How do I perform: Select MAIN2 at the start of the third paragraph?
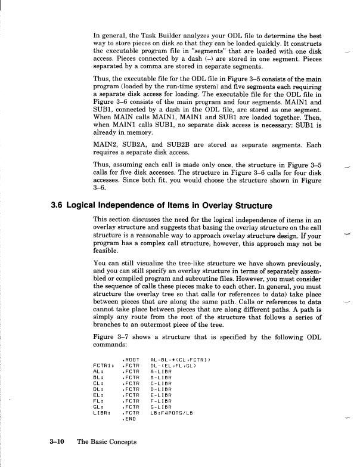[x=105, y=161]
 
